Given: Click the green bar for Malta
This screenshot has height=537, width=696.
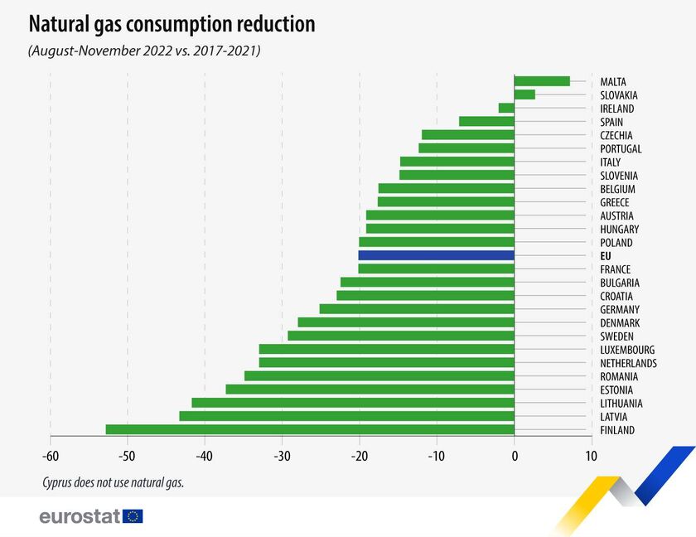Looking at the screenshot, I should coord(542,81).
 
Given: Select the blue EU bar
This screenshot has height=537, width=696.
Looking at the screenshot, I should coord(436,255).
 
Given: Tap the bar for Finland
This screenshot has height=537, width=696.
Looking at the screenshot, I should coord(310,429).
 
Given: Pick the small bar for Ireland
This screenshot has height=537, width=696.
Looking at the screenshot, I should coord(506,108).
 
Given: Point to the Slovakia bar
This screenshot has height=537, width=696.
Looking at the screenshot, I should coord(524,94).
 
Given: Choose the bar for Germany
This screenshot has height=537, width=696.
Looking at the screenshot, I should coord(417,309).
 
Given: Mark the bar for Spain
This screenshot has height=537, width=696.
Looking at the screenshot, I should coord(486,122).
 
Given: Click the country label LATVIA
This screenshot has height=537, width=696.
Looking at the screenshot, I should coord(614,417).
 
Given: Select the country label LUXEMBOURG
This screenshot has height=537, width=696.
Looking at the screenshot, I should coord(627,350).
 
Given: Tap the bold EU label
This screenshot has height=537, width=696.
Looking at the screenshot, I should coord(606,256).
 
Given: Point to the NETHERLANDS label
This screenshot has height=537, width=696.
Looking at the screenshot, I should coord(628,363).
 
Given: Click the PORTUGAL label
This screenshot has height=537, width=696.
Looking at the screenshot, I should coord(621,148).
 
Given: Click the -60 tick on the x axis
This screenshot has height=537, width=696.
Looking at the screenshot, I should coord(50,456).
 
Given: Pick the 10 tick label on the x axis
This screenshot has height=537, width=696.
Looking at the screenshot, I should coord(591,456).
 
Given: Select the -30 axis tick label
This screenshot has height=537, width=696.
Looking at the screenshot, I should coord(282,456).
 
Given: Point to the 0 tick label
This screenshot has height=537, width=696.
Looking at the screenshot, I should coord(514,456).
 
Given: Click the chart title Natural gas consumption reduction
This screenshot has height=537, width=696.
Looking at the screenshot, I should coord(172,24).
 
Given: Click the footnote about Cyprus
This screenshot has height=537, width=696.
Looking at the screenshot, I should coord(113,481).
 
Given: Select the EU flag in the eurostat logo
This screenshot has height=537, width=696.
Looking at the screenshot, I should coord(133,516).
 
